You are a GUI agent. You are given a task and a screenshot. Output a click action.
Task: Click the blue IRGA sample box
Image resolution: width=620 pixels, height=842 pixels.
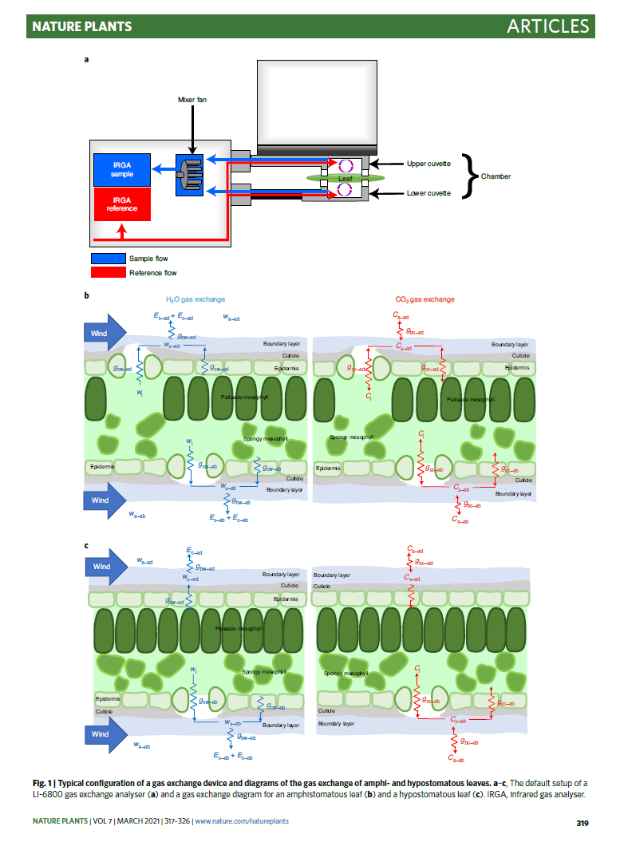[122, 169]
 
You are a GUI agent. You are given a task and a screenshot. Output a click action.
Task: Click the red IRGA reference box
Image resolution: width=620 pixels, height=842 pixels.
[122, 204]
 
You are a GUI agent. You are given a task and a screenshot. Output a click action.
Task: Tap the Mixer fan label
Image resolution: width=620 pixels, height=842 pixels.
[192, 100]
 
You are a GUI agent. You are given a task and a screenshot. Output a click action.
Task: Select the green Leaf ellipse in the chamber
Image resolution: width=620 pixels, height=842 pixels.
[345, 178]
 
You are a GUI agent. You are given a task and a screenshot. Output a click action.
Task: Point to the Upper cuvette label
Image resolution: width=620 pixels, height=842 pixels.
[428, 164]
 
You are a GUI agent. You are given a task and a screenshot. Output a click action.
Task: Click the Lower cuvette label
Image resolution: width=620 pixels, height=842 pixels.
[428, 193]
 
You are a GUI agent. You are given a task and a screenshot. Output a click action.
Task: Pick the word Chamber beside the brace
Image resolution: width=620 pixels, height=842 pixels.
[496, 176]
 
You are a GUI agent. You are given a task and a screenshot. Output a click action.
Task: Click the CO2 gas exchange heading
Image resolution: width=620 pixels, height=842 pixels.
[425, 299]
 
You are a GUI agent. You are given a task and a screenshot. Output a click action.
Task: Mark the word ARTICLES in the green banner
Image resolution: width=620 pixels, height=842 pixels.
[547, 26]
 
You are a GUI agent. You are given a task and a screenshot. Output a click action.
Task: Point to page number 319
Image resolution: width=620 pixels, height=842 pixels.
[582, 821]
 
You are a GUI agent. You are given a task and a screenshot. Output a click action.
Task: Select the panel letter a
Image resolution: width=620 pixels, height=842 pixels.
[87, 58]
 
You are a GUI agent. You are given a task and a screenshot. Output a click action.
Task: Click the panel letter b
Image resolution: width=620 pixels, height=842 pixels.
[87, 297]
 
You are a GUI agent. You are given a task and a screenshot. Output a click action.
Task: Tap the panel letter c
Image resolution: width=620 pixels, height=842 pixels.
[87, 546]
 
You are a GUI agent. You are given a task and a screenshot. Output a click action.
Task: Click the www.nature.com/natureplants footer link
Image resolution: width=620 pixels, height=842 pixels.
[242, 821]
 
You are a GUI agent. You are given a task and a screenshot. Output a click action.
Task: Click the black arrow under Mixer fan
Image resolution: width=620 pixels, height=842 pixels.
[192, 128]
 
